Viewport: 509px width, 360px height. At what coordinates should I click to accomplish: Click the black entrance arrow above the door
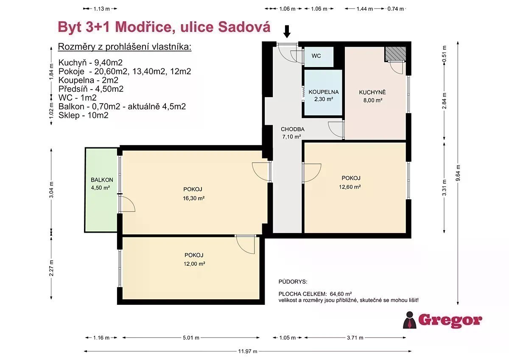(x=287, y=31)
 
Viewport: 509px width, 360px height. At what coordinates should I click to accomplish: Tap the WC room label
(x=316, y=56)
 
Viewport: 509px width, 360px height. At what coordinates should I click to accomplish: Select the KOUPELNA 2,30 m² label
(x=324, y=96)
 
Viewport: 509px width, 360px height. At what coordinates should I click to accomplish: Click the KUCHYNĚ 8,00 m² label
(x=372, y=96)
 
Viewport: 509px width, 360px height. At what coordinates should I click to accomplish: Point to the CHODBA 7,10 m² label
(x=292, y=133)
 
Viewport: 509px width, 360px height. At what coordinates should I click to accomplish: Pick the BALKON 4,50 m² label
(x=101, y=184)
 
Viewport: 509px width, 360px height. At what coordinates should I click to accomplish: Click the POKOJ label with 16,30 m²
(x=193, y=194)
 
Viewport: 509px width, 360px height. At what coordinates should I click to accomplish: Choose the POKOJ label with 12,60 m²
(x=350, y=183)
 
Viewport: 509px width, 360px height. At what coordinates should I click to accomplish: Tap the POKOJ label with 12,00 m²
(x=194, y=259)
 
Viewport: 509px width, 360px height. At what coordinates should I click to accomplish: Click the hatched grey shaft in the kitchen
(x=395, y=53)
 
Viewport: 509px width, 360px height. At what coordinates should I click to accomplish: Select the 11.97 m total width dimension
(x=247, y=352)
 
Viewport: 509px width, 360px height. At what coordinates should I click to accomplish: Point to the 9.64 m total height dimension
(x=458, y=173)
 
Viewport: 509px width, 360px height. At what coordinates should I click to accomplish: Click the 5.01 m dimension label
(x=191, y=338)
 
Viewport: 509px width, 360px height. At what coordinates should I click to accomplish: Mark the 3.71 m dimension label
(x=355, y=338)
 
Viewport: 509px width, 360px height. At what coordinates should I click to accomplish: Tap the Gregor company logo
(x=442, y=320)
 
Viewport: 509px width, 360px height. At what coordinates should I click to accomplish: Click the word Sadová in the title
(x=244, y=27)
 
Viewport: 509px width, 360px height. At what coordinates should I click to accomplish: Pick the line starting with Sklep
(x=84, y=115)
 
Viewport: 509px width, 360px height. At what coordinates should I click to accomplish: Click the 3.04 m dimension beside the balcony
(x=51, y=190)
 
